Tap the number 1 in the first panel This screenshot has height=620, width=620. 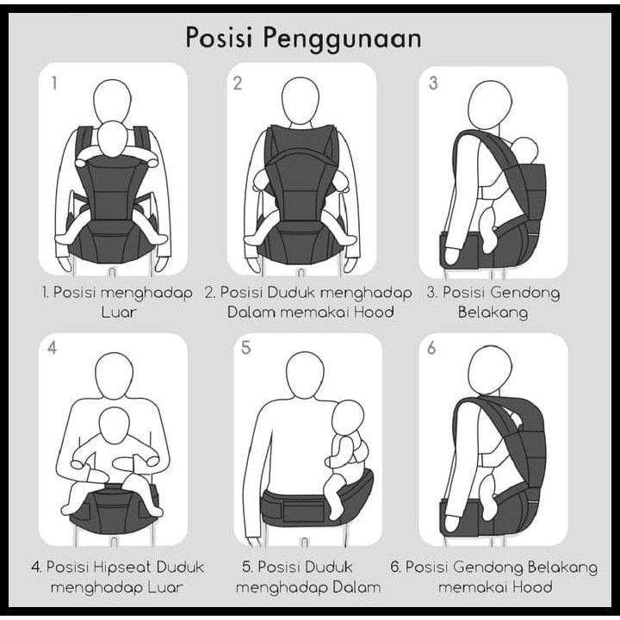[54, 84]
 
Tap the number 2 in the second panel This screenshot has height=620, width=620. [238, 84]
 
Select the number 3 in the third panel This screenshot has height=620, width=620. [433, 84]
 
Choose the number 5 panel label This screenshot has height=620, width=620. [246, 349]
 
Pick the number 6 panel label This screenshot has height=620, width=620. [433, 349]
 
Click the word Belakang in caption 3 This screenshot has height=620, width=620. [493, 313]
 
